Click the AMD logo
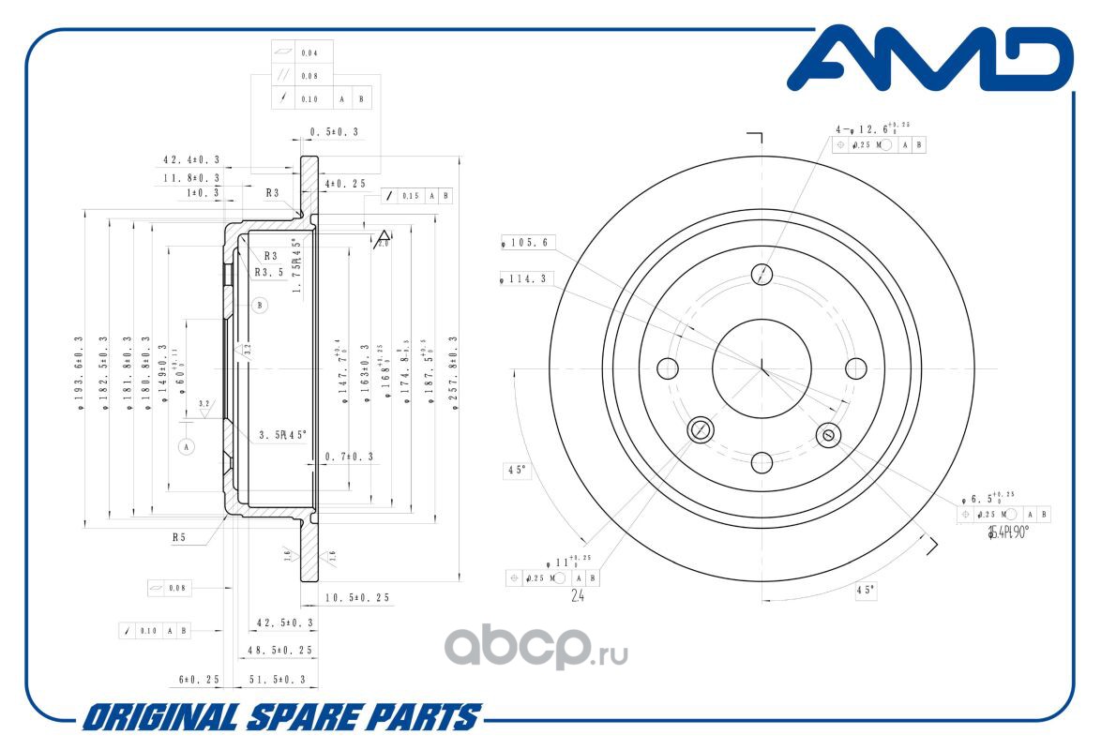tap(928, 59)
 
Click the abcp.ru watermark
tap(535, 646)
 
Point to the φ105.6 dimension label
tap(530, 243)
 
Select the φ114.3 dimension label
tap(528, 277)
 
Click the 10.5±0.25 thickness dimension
tap(356, 597)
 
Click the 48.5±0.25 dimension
tap(277, 650)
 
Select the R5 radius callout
tap(179, 538)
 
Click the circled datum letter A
tap(187, 446)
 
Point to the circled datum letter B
tap(260, 305)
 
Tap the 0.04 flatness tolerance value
tap(309, 52)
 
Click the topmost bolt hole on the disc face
tap(762, 274)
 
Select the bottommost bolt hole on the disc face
tap(762, 461)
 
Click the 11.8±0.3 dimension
tap(191, 177)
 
